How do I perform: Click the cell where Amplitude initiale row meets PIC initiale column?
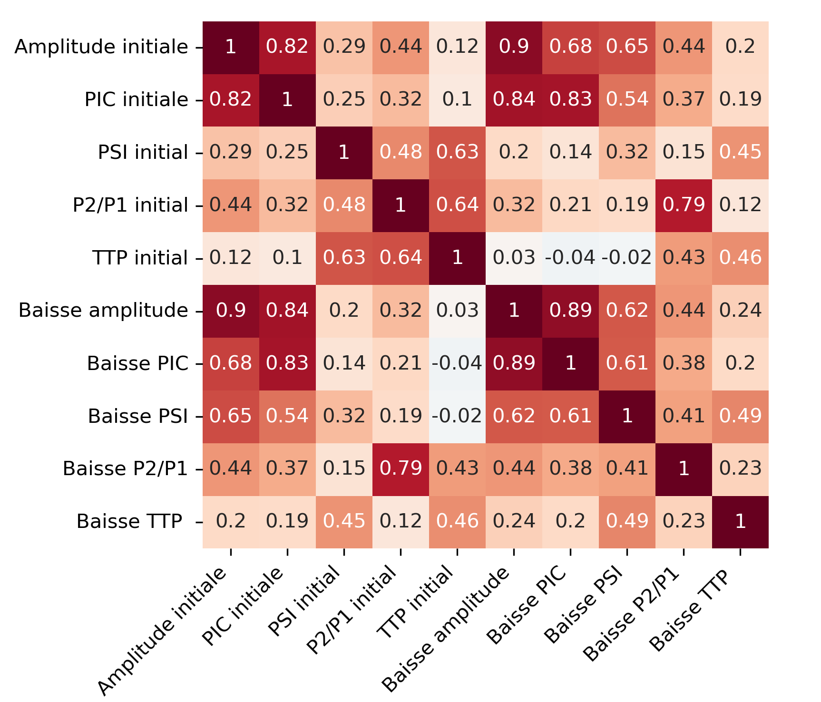(x=287, y=47)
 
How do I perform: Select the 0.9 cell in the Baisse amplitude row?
(x=231, y=311)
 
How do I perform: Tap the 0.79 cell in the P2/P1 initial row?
(x=684, y=205)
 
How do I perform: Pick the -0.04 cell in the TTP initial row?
(x=570, y=258)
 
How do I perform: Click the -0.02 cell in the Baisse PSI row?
(x=457, y=416)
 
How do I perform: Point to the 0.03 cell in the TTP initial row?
(x=514, y=258)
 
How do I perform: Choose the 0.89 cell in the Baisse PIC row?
(x=514, y=363)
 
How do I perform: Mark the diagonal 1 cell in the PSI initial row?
(x=344, y=153)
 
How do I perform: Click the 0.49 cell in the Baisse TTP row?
(x=627, y=522)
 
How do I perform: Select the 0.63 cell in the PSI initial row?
(x=457, y=153)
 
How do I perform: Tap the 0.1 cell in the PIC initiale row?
(x=457, y=100)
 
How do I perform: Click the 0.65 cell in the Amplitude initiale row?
(x=627, y=47)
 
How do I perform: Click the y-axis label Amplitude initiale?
(x=101, y=47)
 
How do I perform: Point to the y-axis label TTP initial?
(x=140, y=258)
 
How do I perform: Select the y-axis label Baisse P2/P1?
(x=126, y=469)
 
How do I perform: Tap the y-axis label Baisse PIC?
(x=138, y=363)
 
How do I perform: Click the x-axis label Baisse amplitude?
(x=447, y=628)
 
